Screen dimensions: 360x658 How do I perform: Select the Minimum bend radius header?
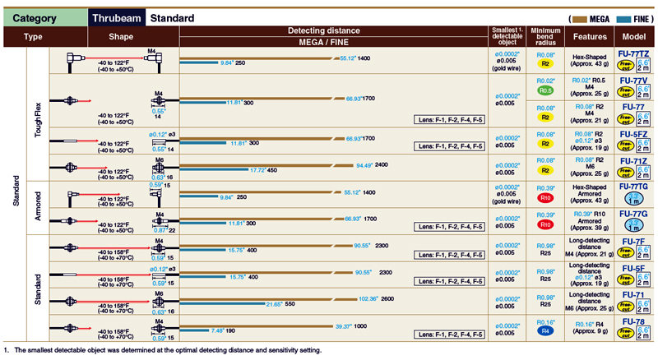[544, 36]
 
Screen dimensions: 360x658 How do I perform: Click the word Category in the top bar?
[35, 17]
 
